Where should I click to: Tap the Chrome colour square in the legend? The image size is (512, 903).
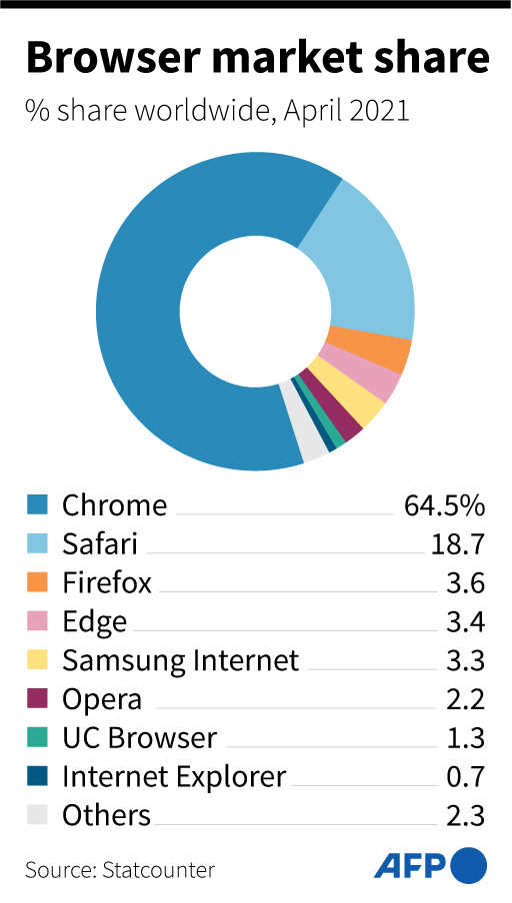37,504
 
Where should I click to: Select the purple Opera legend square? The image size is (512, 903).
37,699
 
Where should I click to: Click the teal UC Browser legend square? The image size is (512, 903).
37,738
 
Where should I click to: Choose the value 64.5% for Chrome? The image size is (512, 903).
444,504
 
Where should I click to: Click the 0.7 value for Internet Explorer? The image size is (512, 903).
465,776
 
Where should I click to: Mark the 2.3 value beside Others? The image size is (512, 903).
465,815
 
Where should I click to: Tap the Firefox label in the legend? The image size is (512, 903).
107,582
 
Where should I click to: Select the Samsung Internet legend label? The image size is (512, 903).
180,660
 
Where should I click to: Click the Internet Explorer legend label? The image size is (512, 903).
174,776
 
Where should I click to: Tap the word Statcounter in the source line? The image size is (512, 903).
158,869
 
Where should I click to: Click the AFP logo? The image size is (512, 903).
430,865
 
